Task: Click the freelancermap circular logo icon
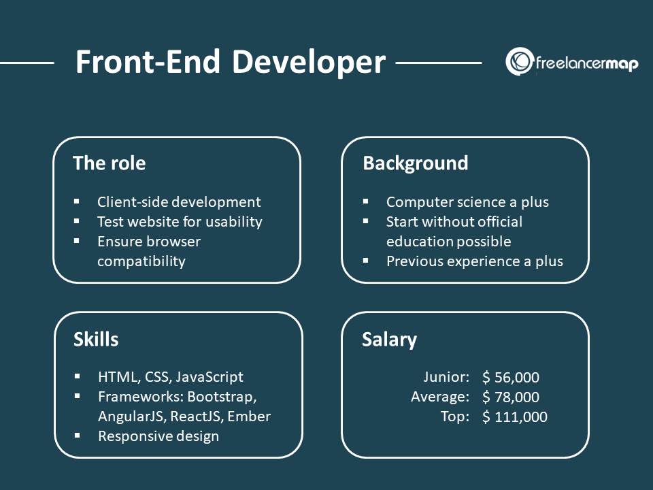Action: click(519, 62)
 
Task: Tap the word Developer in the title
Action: click(308, 63)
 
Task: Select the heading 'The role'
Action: click(109, 163)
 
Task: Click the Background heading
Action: click(415, 163)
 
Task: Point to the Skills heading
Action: click(95, 340)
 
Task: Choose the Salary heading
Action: click(389, 340)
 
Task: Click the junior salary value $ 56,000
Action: click(510, 378)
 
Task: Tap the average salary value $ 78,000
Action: click(510, 397)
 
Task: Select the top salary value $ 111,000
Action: click(514, 417)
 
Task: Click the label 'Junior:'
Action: click(446, 378)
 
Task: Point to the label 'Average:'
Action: click(440, 397)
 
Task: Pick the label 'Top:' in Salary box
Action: click(455, 417)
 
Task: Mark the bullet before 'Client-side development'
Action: click(77, 202)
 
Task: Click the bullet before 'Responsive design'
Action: click(77, 436)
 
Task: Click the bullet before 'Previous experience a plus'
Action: click(366, 261)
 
